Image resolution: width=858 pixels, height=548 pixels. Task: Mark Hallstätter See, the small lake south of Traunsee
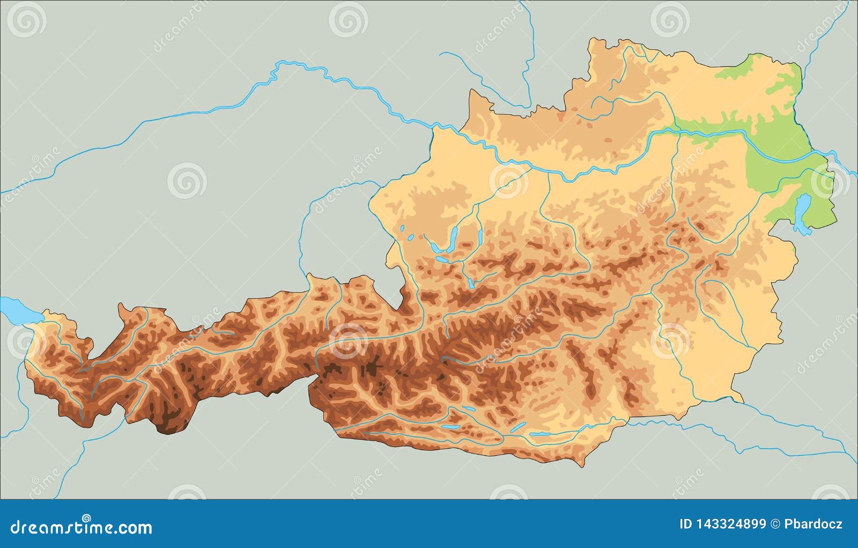[470, 283]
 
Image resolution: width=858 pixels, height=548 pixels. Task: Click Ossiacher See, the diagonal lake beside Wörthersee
[519, 427]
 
